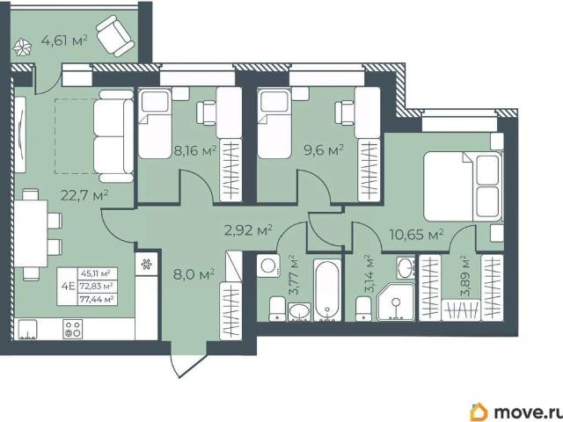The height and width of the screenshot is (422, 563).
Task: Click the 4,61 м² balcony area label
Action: [x=64, y=40]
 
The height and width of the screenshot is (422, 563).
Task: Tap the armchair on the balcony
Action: [x=115, y=36]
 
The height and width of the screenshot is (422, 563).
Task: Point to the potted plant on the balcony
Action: [x=22, y=47]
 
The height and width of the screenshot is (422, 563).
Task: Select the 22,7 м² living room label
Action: [x=84, y=195]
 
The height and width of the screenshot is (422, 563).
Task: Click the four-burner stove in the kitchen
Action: [x=72, y=329]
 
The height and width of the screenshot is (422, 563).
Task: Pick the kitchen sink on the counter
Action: [x=27, y=330]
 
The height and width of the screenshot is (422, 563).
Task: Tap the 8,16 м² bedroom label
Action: [x=195, y=150]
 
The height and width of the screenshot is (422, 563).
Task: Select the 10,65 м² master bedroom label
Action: [x=417, y=235]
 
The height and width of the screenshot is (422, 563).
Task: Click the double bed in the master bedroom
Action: [x=463, y=186]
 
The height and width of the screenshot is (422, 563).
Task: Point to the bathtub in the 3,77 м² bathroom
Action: [x=327, y=290]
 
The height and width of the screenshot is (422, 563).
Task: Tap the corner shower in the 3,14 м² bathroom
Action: [x=396, y=302]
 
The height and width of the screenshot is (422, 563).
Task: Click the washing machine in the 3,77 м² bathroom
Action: [x=267, y=266]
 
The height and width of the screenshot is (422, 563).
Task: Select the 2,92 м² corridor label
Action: [x=248, y=230]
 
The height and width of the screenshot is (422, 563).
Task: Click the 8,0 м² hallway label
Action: [x=194, y=275]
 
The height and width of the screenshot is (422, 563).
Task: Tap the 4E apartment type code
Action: [x=68, y=287]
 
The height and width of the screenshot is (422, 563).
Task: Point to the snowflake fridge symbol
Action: [x=146, y=265]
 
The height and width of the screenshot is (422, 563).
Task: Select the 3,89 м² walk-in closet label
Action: [x=465, y=275]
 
